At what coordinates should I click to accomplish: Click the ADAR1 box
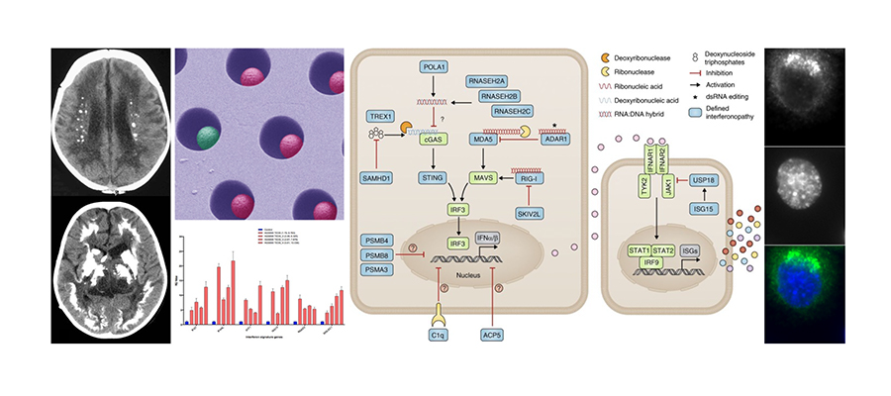558,141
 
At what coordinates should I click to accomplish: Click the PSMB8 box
376,255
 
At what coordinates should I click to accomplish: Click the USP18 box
705,178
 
